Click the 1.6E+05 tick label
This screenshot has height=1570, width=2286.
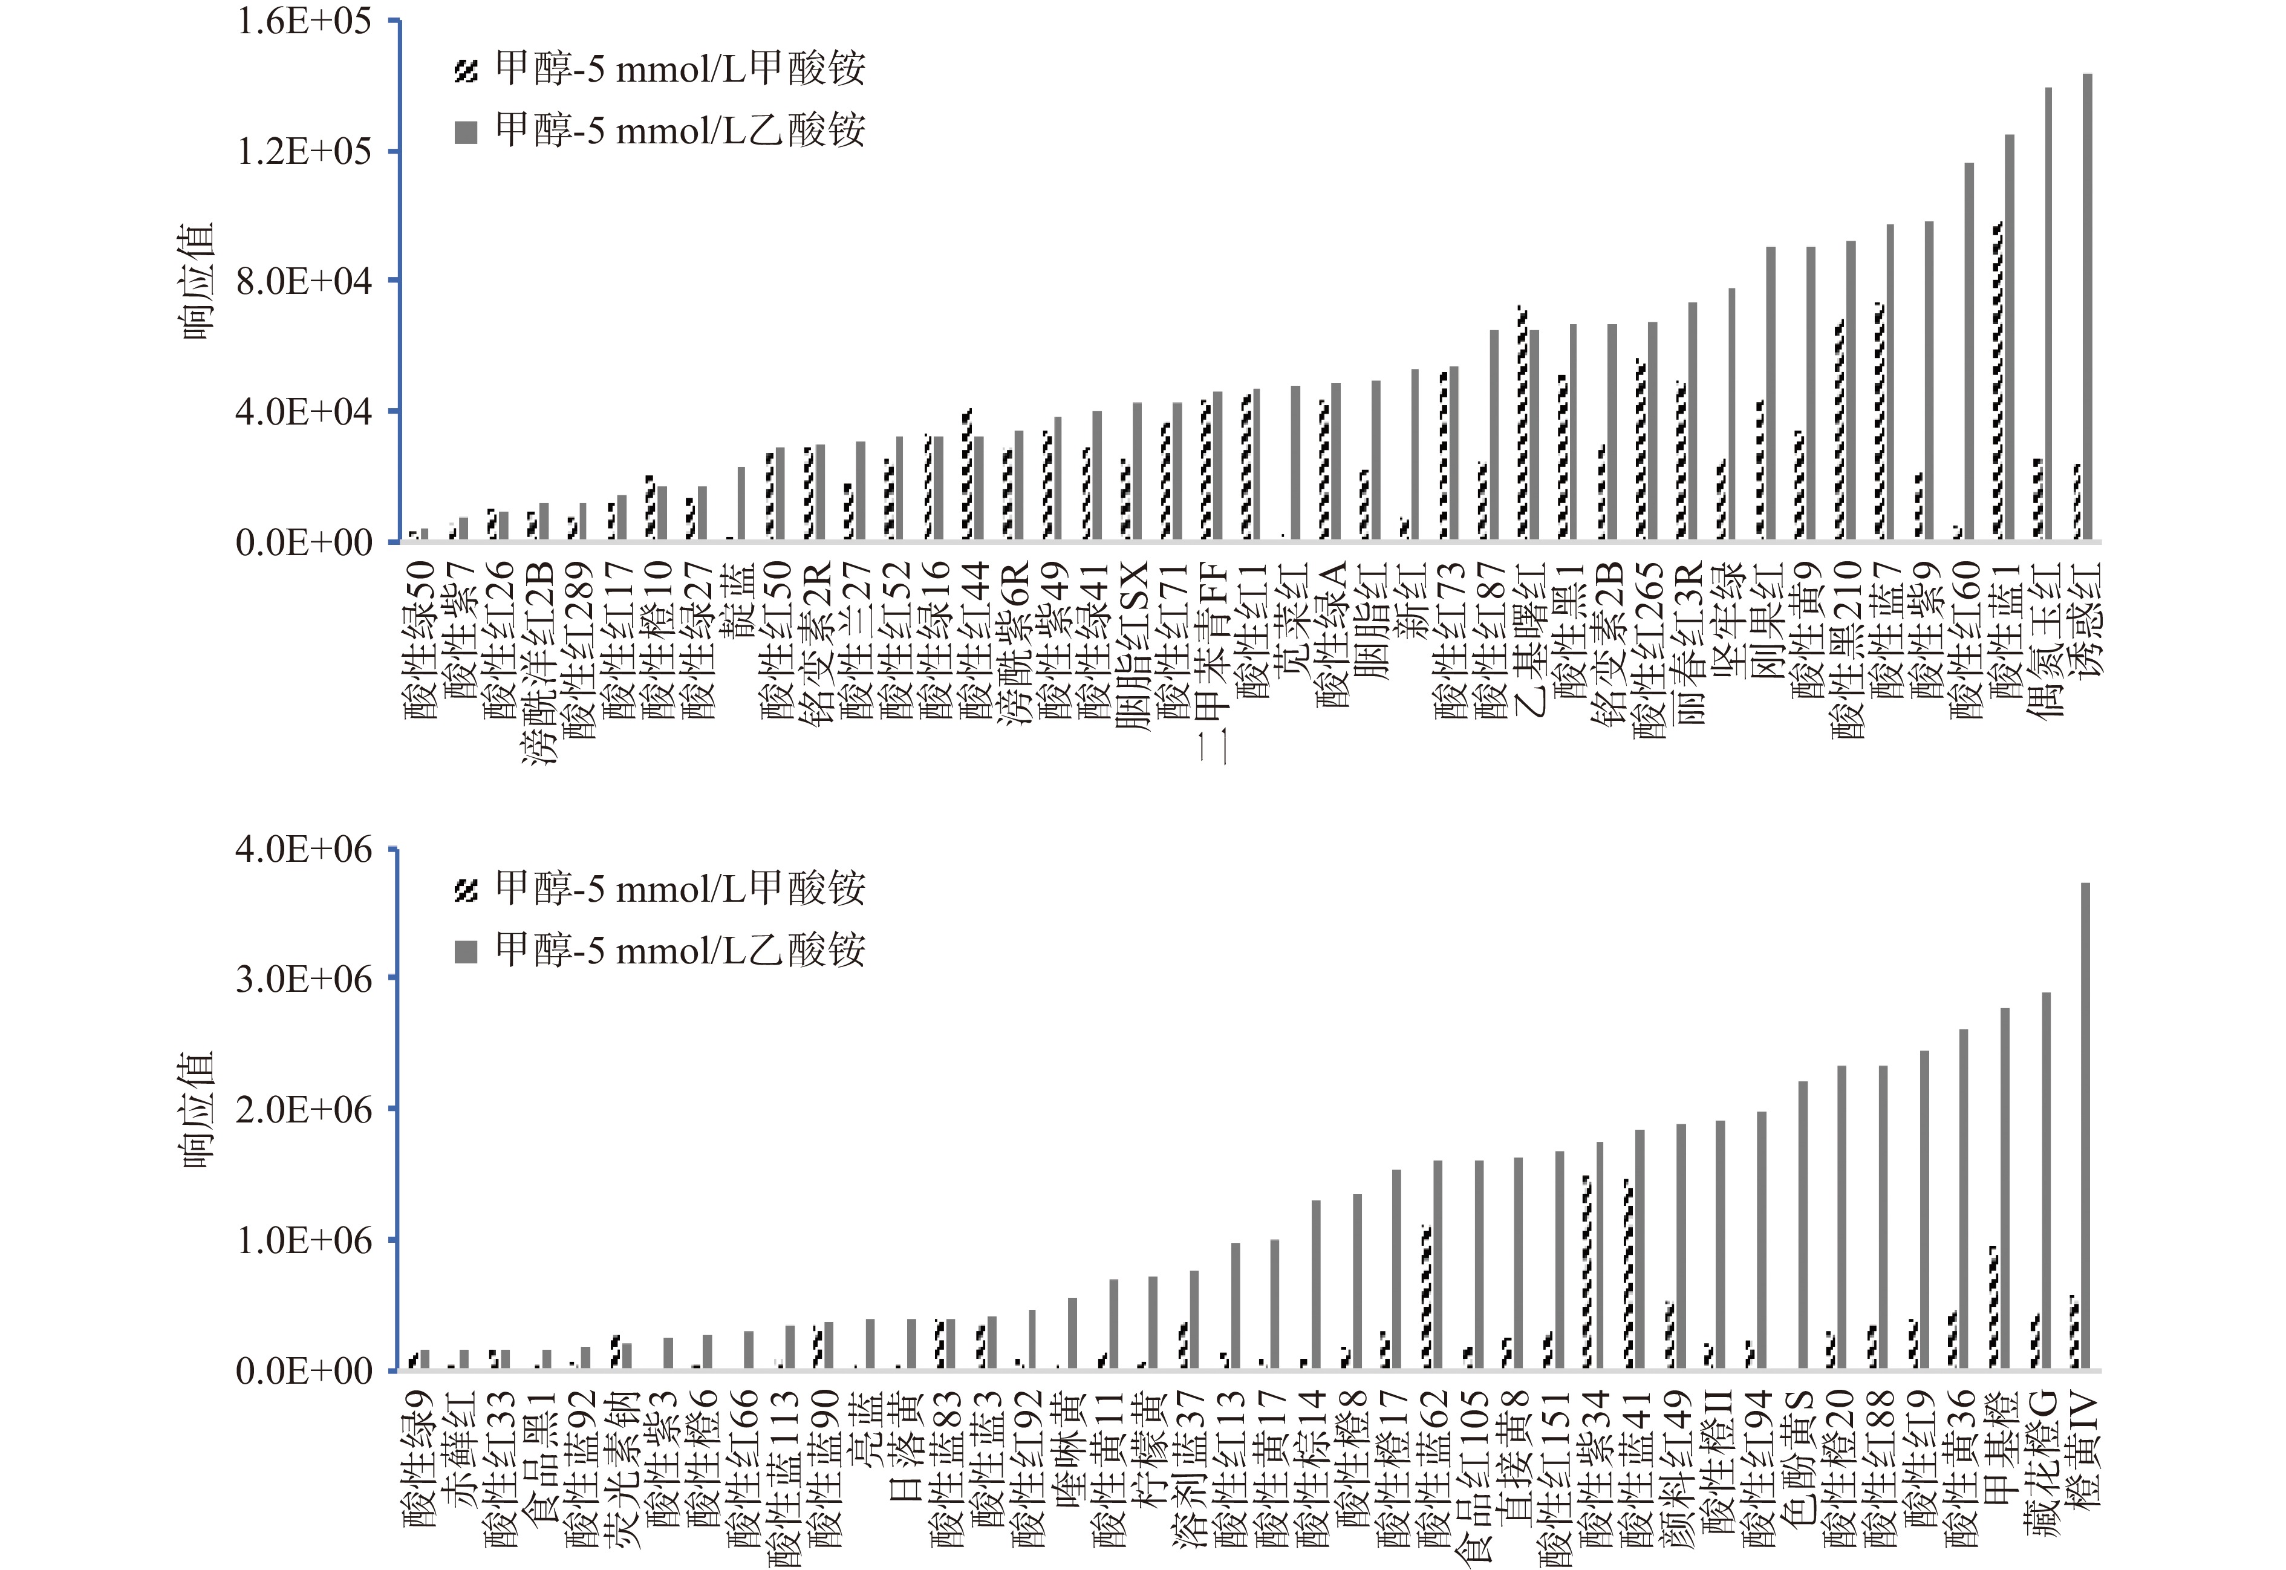click(x=303, y=22)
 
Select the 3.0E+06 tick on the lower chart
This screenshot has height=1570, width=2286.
click(x=303, y=979)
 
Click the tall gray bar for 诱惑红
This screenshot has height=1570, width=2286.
click(x=2087, y=305)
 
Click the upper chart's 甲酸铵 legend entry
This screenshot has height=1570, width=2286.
click(x=659, y=70)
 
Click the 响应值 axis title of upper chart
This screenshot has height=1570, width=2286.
click(x=197, y=282)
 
